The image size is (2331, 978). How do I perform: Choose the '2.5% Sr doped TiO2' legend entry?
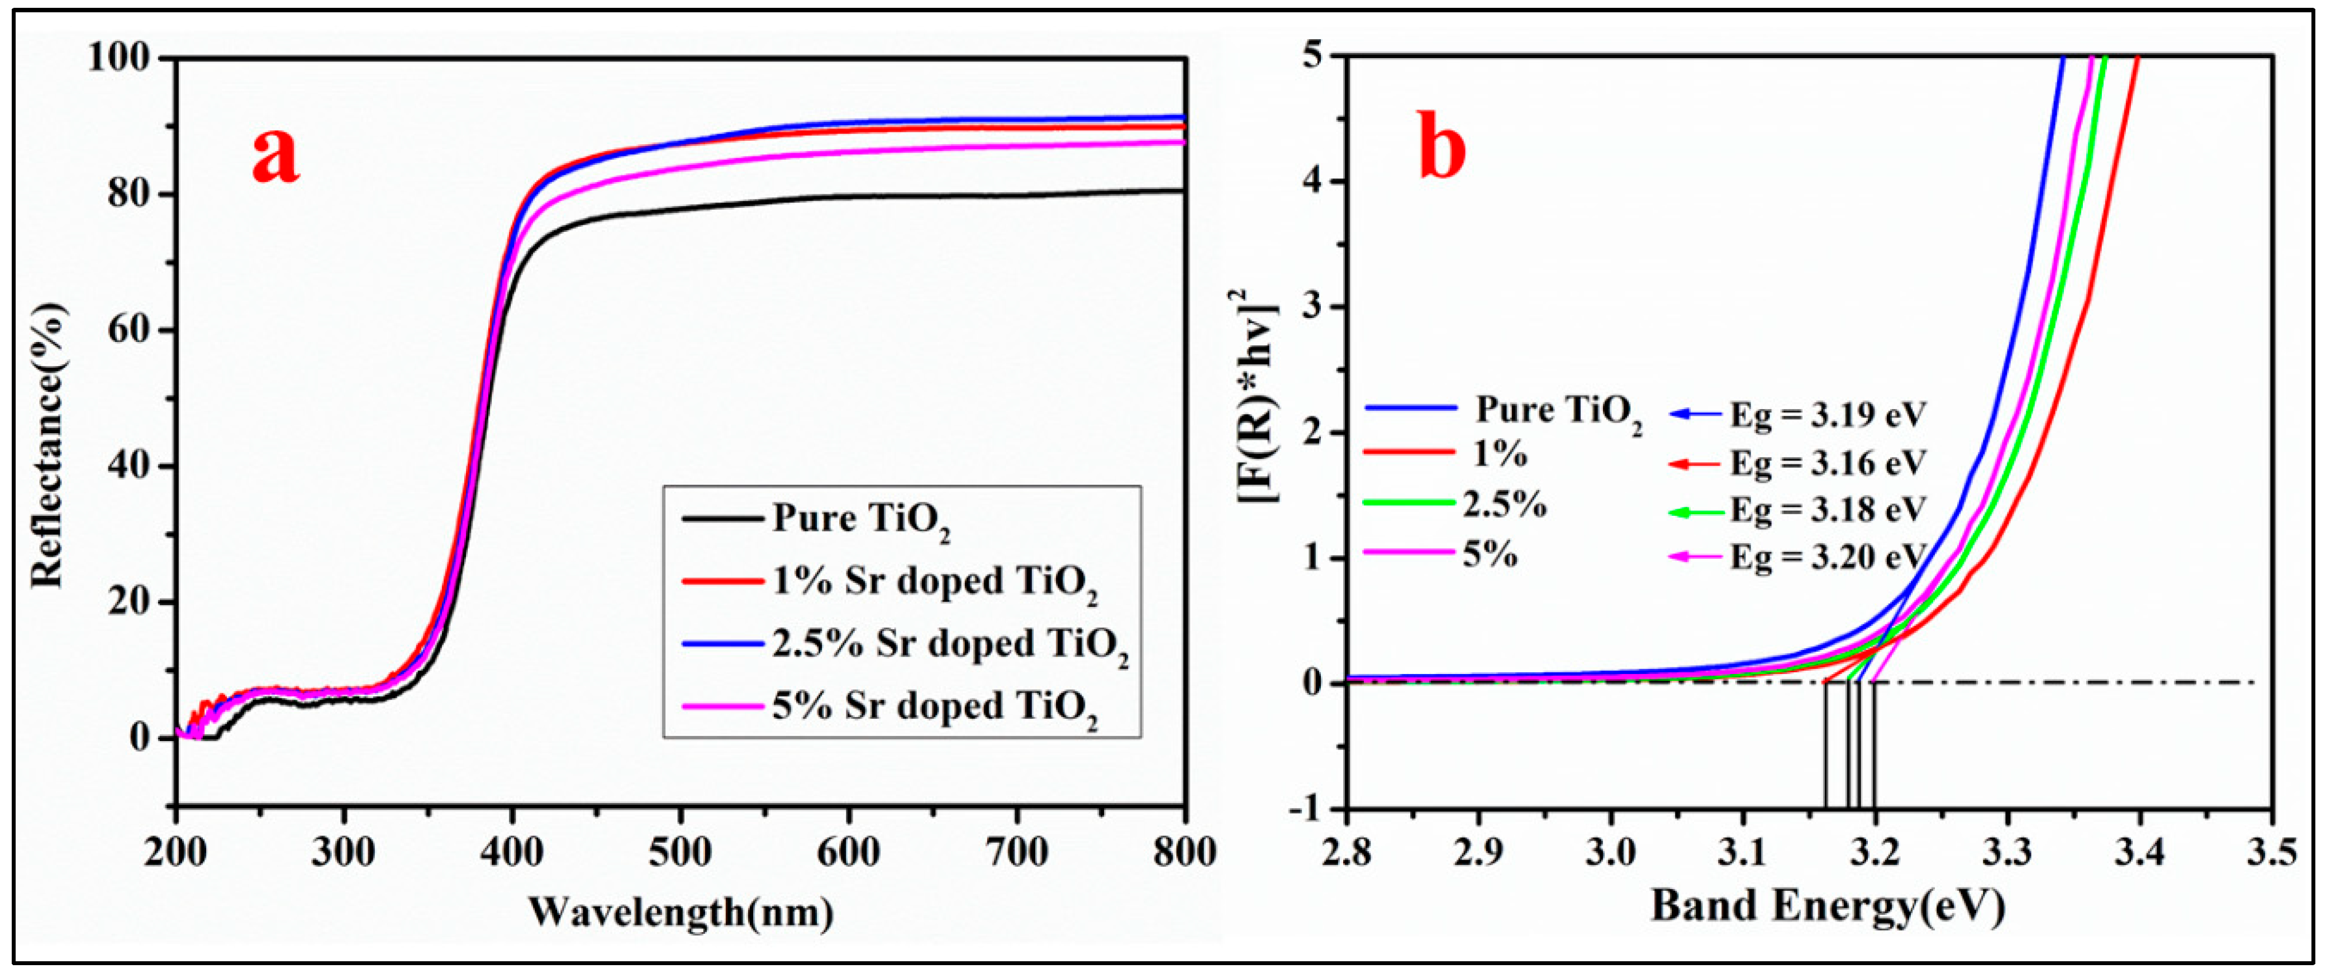(x=950, y=645)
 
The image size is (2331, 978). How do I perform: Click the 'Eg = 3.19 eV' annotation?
(x=1828, y=414)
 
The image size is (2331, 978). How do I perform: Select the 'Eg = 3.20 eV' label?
(x=1828, y=557)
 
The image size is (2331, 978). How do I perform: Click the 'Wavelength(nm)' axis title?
(x=681, y=911)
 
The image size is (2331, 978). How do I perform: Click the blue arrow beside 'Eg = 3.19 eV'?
(x=1695, y=414)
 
